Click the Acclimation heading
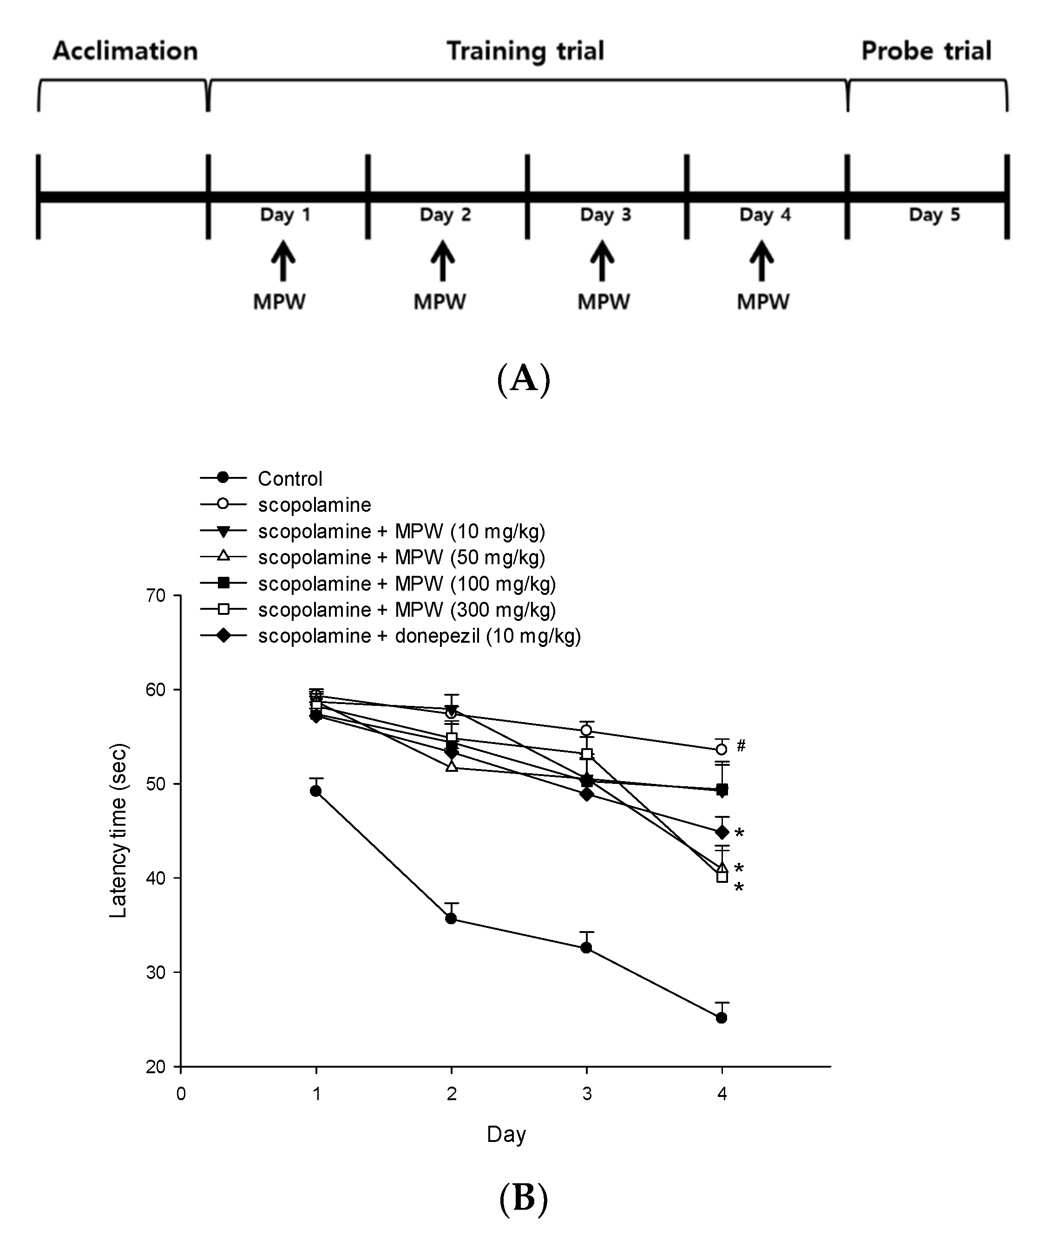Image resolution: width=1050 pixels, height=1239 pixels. coord(125,51)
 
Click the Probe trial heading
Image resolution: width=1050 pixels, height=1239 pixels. coord(926,51)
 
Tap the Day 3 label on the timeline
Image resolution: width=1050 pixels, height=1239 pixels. coord(605,215)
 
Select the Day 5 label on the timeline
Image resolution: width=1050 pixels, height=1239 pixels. coord(934,215)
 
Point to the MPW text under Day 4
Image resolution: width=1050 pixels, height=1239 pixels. coord(763,301)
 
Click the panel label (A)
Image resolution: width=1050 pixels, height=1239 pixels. coord(523,379)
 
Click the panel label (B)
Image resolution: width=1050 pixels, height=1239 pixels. coord(523,1197)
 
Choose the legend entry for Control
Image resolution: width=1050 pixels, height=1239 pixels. coord(289,478)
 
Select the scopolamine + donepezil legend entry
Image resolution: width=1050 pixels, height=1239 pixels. coord(419,636)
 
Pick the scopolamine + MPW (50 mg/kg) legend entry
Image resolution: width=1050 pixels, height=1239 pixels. coord(401,557)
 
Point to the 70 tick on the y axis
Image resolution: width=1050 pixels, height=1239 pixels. coord(156,595)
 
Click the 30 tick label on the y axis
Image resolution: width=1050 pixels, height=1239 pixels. coord(156,972)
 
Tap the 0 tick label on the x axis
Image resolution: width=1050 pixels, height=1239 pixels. coord(181,1094)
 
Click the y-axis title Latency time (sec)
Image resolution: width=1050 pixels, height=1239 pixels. coord(118,830)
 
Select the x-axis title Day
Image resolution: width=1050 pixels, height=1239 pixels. coord(506,1135)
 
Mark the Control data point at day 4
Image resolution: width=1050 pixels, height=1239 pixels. coord(722,1018)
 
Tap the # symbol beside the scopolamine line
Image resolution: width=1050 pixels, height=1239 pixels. coord(741,745)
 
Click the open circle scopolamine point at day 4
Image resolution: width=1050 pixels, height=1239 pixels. coord(722,750)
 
